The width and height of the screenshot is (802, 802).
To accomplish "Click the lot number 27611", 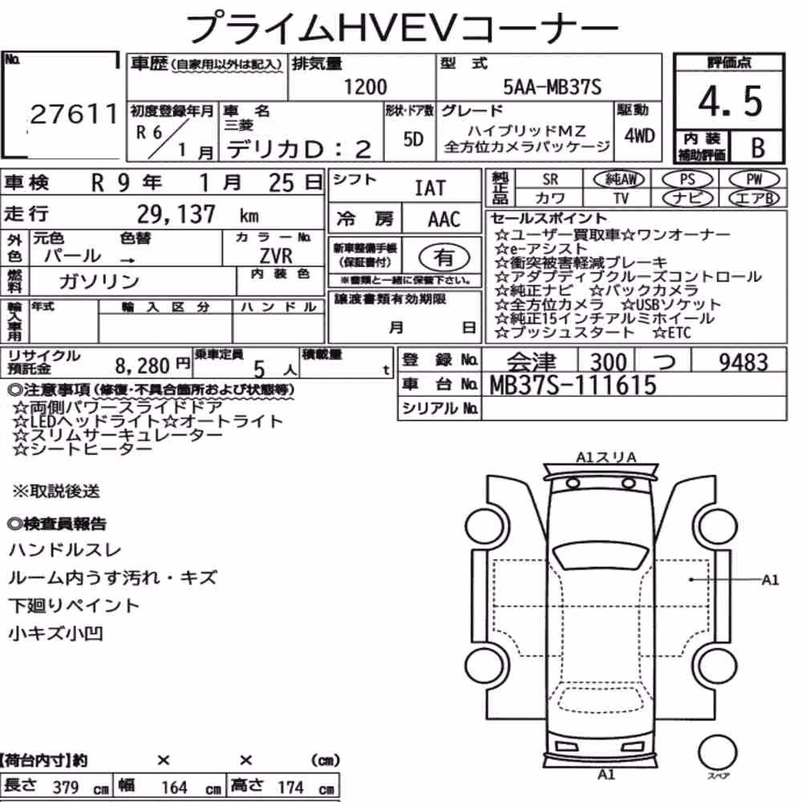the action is click(x=75, y=114).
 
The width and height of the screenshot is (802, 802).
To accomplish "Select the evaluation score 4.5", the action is click(x=730, y=101).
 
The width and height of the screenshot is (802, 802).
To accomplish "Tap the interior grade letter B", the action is click(x=758, y=148).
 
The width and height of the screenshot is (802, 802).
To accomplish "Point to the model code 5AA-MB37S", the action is click(x=553, y=87).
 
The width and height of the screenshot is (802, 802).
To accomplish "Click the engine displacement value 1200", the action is click(x=365, y=87).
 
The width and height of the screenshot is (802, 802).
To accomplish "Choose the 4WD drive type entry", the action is click(x=639, y=136).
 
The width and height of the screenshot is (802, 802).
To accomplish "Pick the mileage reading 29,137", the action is click(x=176, y=214).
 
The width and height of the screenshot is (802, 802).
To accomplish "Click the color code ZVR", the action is click(x=276, y=255).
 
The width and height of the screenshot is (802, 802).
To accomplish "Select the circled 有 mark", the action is click(x=444, y=257).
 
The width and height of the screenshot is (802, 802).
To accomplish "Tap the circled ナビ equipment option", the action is click(x=687, y=198).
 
